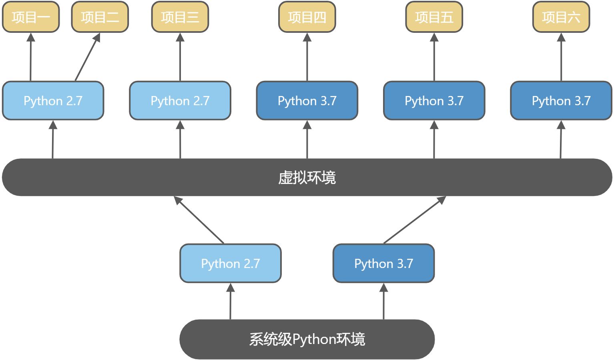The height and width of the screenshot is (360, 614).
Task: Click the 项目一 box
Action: (31, 17)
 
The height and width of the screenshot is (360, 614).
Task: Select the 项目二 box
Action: (100, 17)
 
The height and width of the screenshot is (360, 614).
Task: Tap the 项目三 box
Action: (180, 17)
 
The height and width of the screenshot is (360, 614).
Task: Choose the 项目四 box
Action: (307, 17)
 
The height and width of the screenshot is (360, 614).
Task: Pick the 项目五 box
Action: (434, 17)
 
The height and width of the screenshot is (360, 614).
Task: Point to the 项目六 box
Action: (561, 17)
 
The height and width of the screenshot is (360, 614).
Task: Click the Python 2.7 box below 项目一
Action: (53, 101)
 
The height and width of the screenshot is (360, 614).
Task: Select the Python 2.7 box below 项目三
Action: (180, 101)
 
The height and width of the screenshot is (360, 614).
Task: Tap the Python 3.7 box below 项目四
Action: (307, 101)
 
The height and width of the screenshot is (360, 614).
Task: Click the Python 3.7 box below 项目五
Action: (434, 101)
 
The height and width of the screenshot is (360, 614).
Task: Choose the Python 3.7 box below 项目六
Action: (561, 101)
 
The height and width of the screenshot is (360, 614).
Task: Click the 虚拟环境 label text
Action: (307, 178)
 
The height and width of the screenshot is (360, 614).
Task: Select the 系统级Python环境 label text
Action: (307, 339)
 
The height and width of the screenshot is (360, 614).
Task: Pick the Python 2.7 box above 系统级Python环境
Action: (230, 264)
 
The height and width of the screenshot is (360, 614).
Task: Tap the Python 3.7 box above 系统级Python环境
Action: (383, 264)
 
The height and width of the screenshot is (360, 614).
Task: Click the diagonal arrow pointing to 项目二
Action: (87, 58)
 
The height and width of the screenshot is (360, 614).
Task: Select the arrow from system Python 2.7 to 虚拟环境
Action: (199, 220)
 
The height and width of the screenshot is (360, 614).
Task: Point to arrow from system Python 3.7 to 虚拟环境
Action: (415, 220)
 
